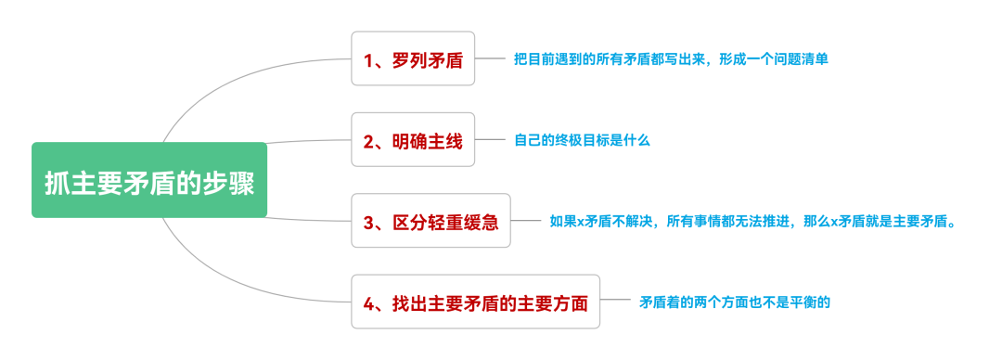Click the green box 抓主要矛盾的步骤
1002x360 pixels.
149,181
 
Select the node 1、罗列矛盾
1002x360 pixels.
413,59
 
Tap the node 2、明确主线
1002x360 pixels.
413,140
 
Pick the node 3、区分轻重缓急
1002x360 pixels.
431,222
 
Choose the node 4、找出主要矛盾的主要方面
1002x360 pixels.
475,302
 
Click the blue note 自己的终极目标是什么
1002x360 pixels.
582,140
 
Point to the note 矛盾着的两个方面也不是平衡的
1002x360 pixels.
740,302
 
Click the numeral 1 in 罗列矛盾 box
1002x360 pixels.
368,60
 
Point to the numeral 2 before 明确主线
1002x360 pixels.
368,141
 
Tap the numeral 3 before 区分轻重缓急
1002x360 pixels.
368,223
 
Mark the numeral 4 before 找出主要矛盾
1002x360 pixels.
368,302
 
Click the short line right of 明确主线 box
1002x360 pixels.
488,140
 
